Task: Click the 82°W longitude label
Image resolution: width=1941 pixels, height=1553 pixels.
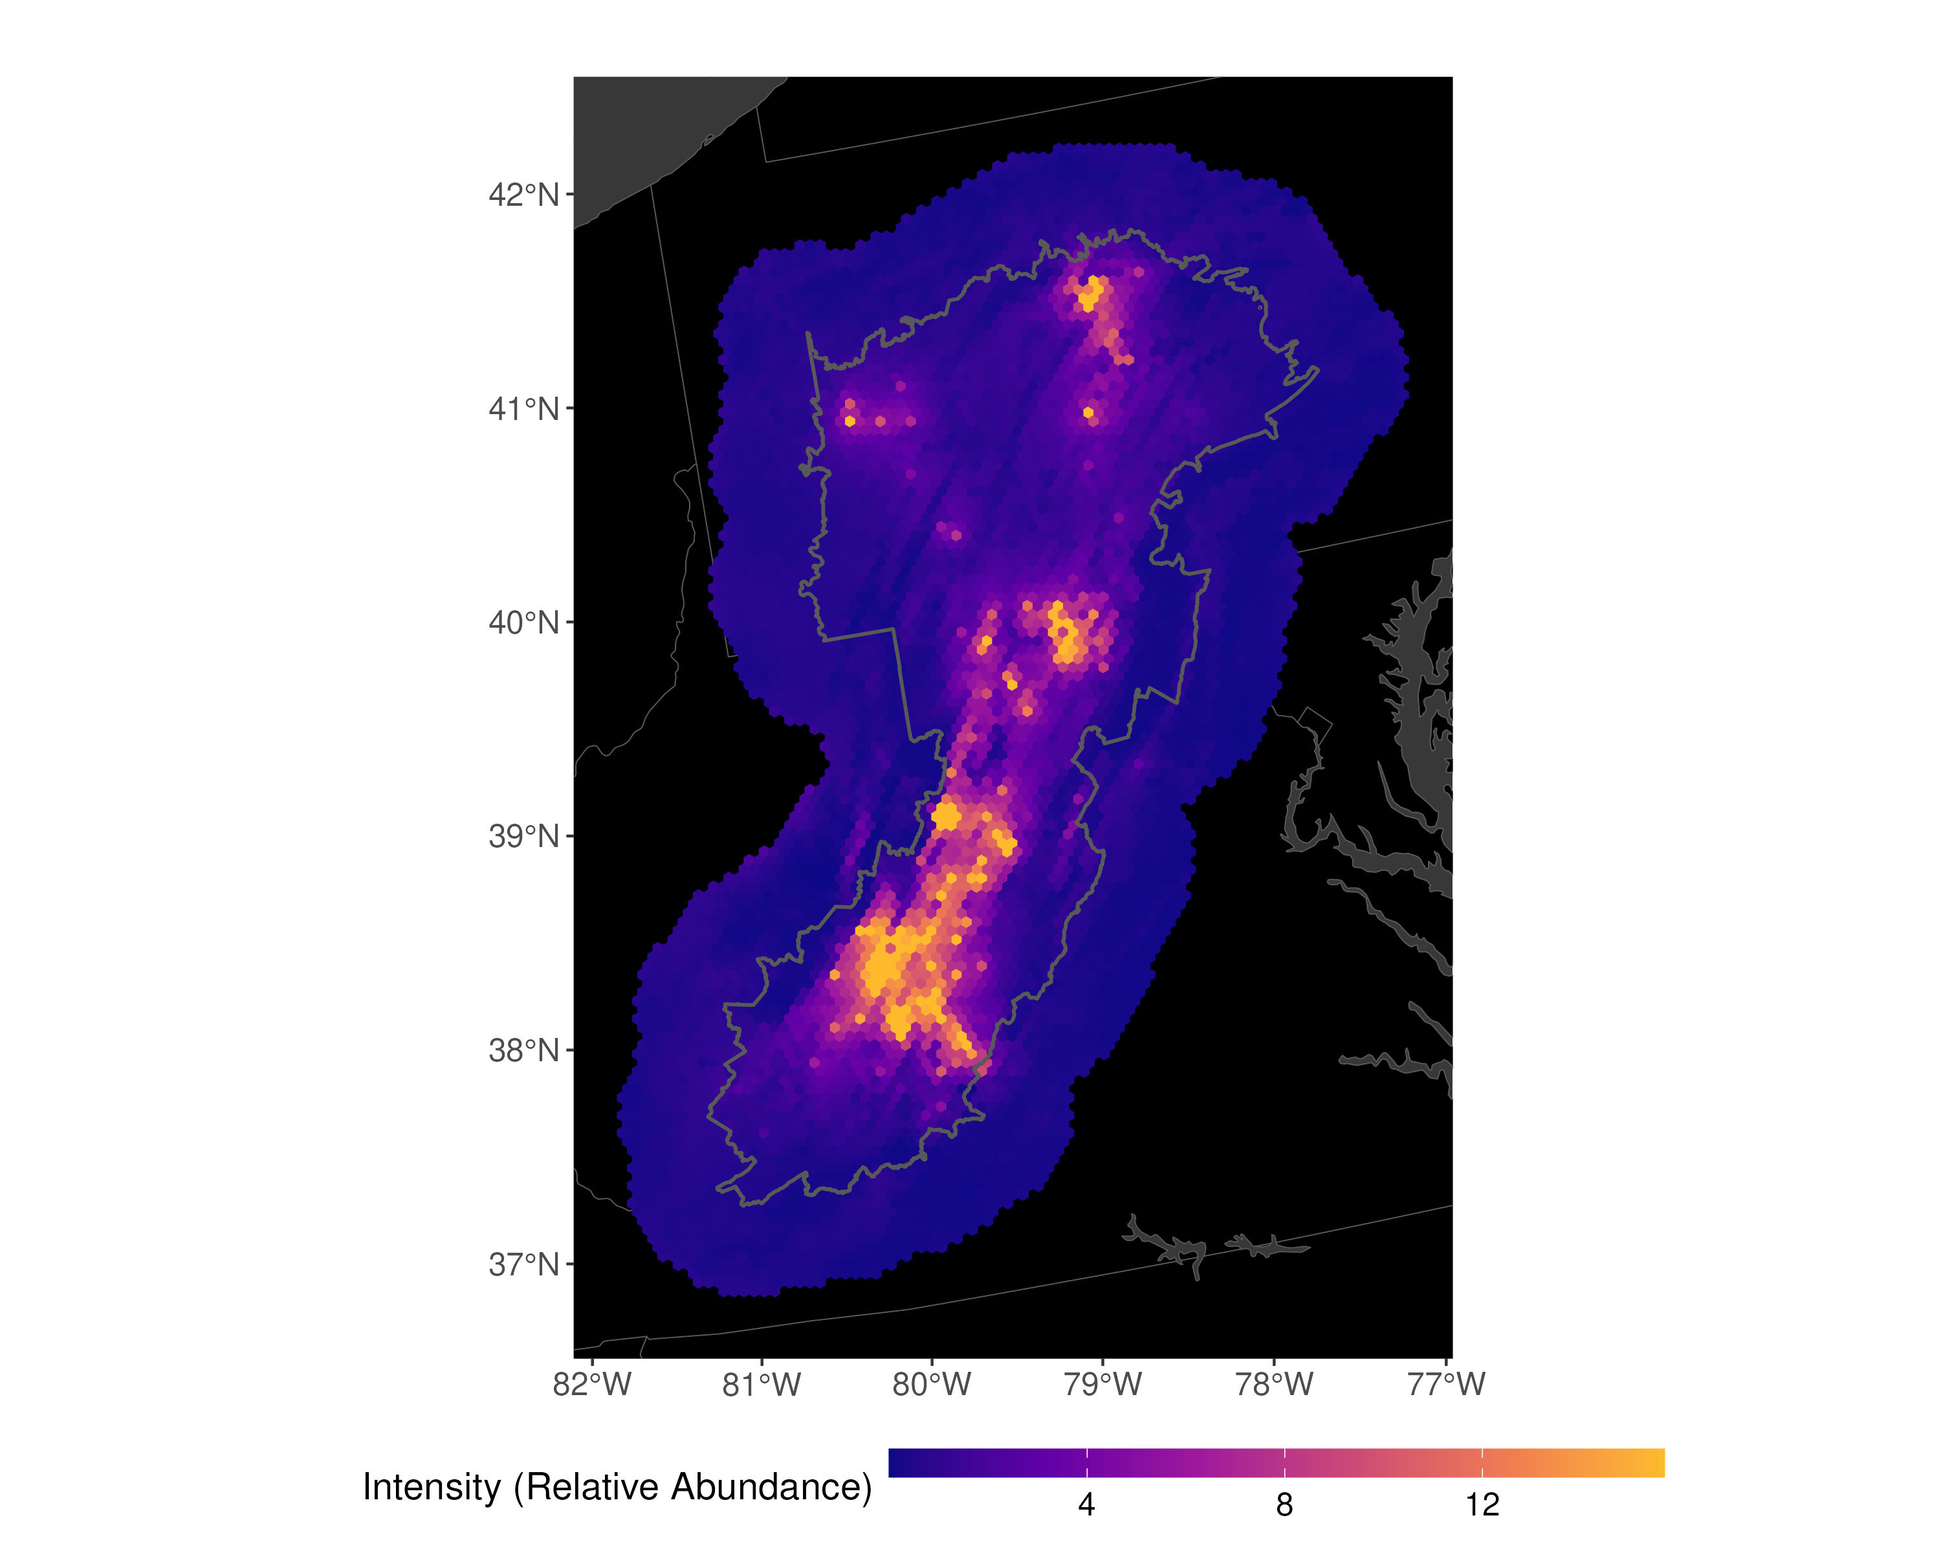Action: pos(593,1383)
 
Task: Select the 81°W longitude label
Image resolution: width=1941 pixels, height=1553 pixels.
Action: pos(762,1383)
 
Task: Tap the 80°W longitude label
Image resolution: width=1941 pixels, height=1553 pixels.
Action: pos(932,1383)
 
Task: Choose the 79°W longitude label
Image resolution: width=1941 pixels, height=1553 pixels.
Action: pos(1103,1383)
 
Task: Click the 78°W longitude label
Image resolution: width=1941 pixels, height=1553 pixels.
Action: pos(1274,1383)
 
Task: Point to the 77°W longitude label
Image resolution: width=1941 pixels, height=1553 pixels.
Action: pos(1446,1383)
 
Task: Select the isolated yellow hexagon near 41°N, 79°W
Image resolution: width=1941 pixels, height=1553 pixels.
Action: pos(1088,413)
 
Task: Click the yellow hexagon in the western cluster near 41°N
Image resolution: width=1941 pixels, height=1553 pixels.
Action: pos(850,421)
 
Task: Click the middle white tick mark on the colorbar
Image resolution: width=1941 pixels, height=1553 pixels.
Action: pos(1285,1463)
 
